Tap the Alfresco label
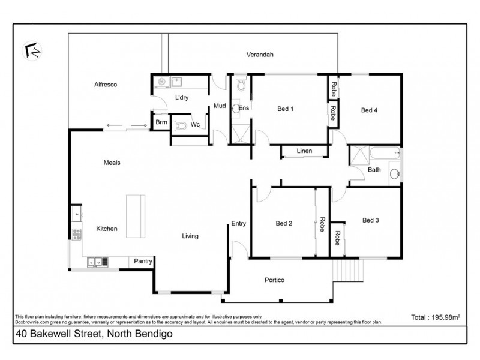click(105, 85)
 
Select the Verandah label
click(260, 55)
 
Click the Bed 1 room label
click(285, 109)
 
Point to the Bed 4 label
click(369, 110)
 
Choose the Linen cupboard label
click(304, 151)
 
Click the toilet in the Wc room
click(181, 126)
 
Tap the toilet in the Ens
click(241, 86)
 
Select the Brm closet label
click(161, 122)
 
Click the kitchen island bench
click(133, 216)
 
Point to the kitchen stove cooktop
click(77, 234)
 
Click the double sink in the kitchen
click(97, 261)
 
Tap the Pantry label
click(143, 261)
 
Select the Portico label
click(274, 280)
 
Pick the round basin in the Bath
click(394, 175)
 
